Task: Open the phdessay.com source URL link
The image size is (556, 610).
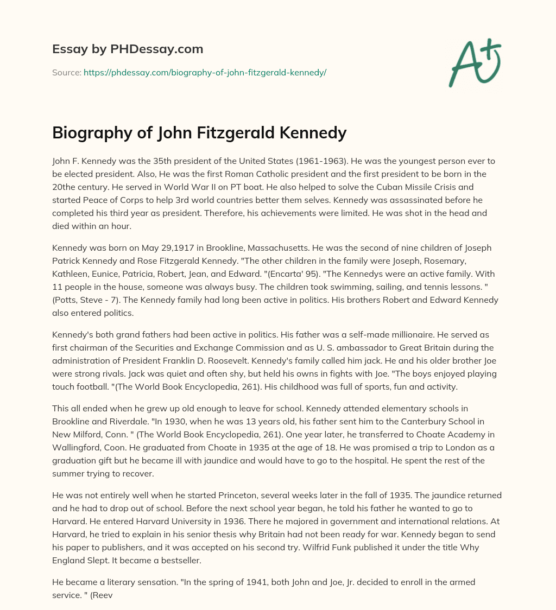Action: click(x=205, y=72)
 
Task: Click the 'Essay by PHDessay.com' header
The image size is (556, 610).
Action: click(x=128, y=49)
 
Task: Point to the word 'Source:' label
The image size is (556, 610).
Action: click(x=66, y=72)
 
